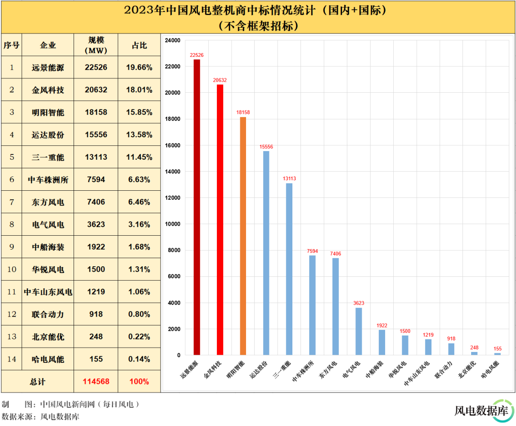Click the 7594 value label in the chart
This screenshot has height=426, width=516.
coord(312,251)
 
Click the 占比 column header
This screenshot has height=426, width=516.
coord(139,45)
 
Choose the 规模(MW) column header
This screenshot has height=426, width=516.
coord(96,45)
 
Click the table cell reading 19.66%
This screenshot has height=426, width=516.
coord(139,68)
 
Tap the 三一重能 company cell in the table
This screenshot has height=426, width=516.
coord(48,157)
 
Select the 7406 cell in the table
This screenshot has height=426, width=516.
coord(96,202)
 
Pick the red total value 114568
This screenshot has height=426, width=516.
coord(96,382)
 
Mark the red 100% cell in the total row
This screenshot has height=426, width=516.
coord(139,382)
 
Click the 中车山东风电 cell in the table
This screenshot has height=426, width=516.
coord(48,292)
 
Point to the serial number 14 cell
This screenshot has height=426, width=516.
coord(11,359)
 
